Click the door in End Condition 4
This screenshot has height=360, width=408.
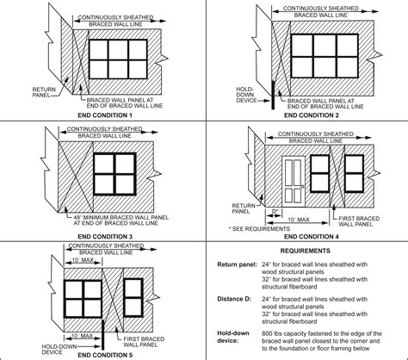pos(294,177)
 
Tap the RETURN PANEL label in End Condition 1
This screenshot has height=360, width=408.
pos(44,92)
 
